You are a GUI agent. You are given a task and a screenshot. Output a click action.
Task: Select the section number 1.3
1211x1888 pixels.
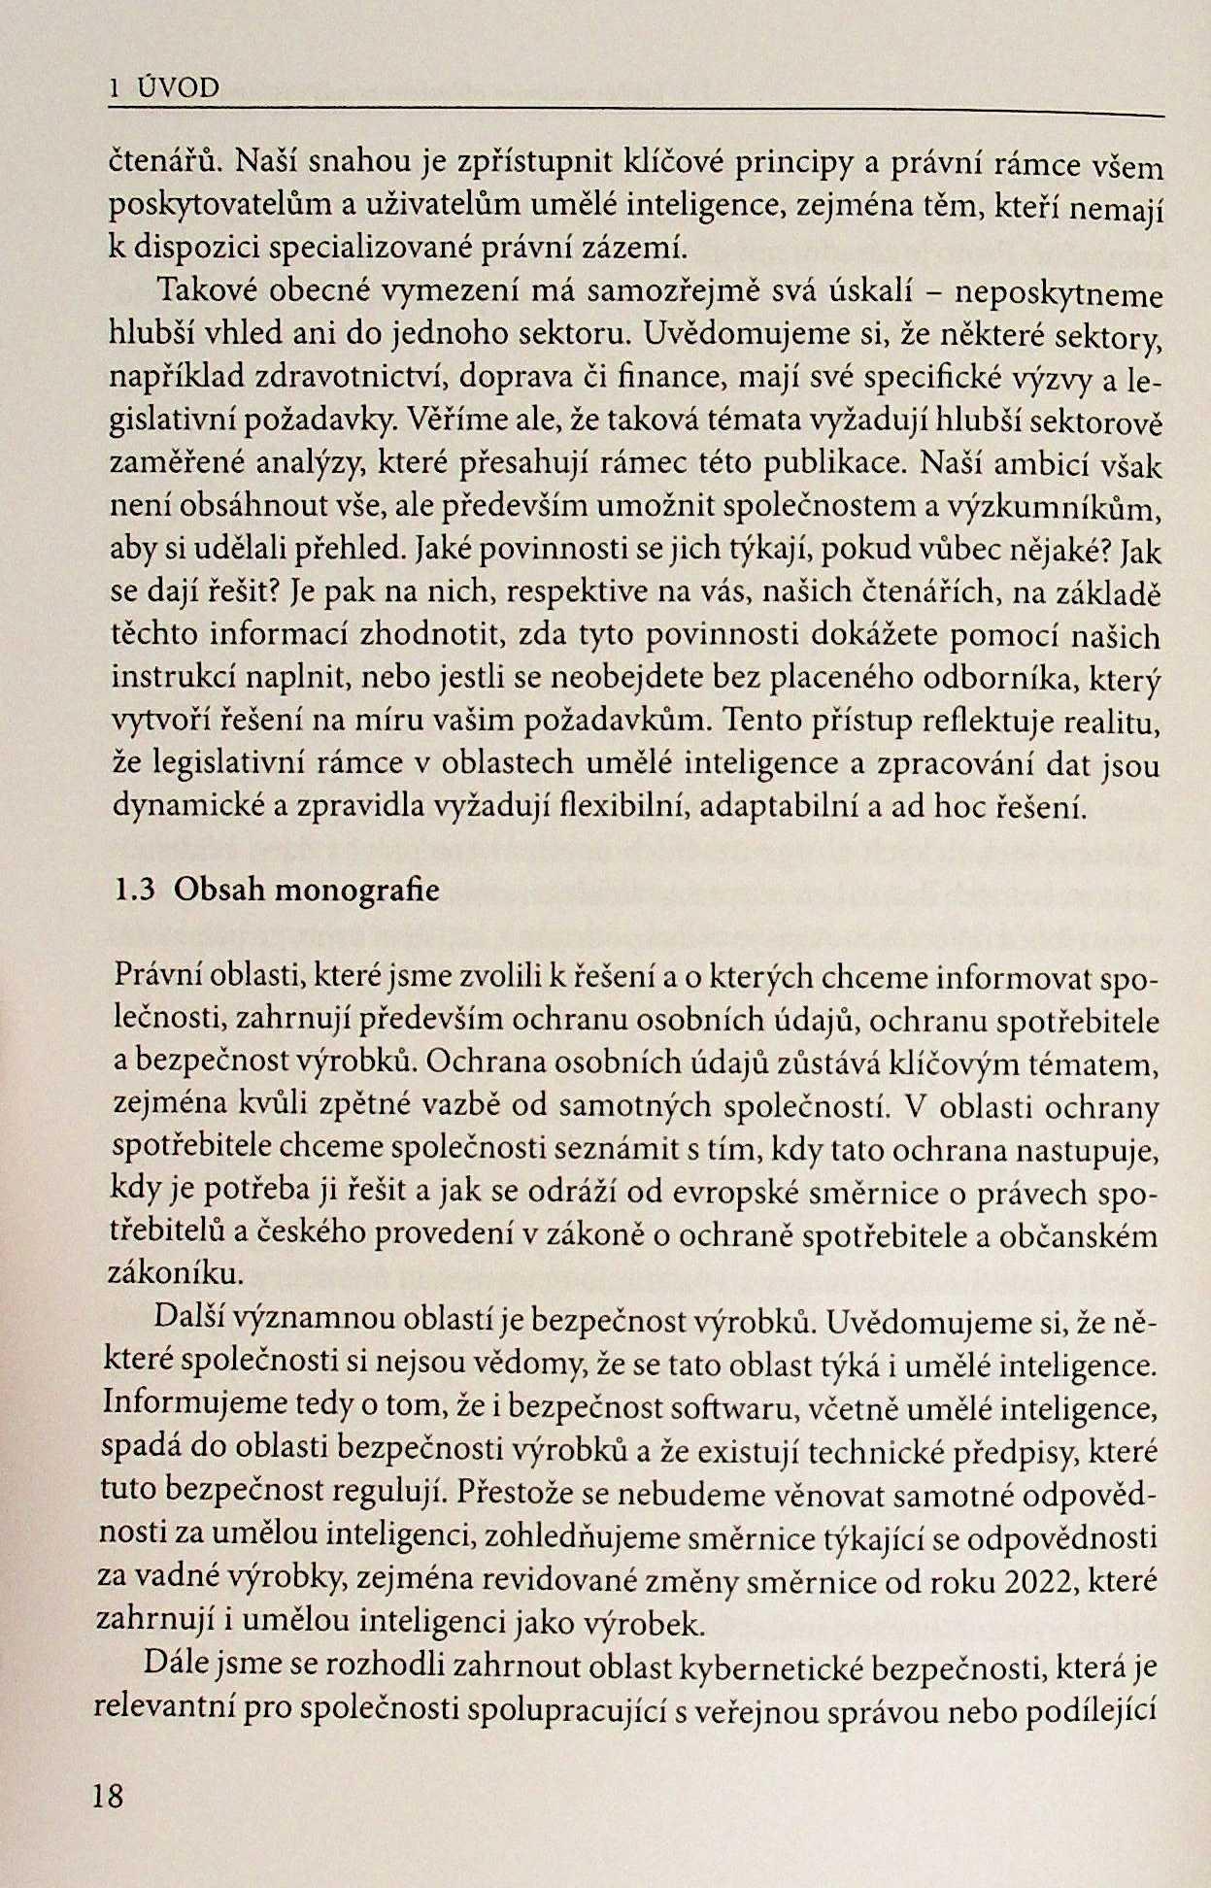coord(135,891)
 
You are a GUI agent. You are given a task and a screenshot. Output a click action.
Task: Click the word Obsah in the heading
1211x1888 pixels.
coord(221,891)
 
